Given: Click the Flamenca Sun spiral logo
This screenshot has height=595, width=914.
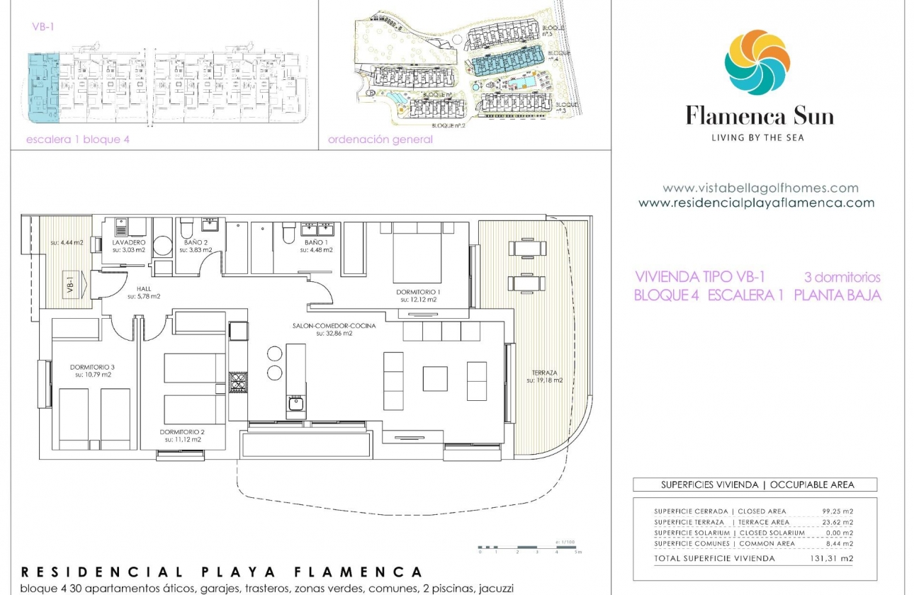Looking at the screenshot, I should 757,62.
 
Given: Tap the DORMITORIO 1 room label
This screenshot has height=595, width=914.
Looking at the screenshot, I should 419,292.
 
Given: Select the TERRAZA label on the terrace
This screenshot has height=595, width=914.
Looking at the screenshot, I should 543,373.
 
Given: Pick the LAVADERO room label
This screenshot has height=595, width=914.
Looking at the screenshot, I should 128,243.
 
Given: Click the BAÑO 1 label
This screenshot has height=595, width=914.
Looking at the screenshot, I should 318,243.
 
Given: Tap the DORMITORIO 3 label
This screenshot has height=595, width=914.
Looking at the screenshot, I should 92,367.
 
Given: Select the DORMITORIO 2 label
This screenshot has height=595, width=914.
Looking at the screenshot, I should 182,432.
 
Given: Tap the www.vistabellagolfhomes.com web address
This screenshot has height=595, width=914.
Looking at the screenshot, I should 760,188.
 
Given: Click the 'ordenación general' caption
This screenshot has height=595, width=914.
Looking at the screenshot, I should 380,140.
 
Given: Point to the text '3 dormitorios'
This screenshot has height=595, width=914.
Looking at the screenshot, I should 842,277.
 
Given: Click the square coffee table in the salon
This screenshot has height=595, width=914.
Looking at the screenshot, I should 435,378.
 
